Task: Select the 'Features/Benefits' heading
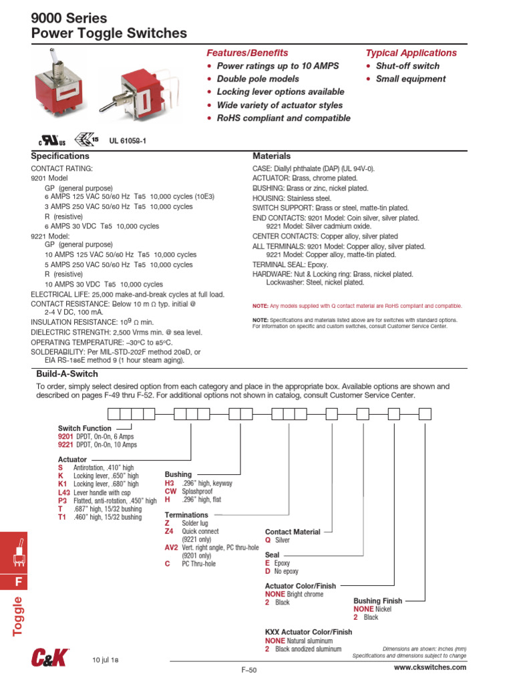pyautogui.click(x=247, y=53)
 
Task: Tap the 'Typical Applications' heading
pyautogui.click(x=411, y=53)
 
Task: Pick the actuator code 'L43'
pyautogui.click(x=64, y=492)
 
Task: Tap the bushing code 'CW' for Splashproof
pyautogui.click(x=170, y=490)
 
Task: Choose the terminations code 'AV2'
pyautogui.click(x=172, y=546)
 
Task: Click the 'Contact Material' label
pyautogui.click(x=293, y=532)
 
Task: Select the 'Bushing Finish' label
pyautogui.click(x=377, y=601)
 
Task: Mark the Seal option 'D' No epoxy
pyautogui.click(x=267, y=572)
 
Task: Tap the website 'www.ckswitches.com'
pyautogui.click(x=430, y=667)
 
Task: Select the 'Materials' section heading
pyautogui.click(x=271, y=156)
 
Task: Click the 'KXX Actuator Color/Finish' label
pyautogui.click(x=308, y=631)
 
